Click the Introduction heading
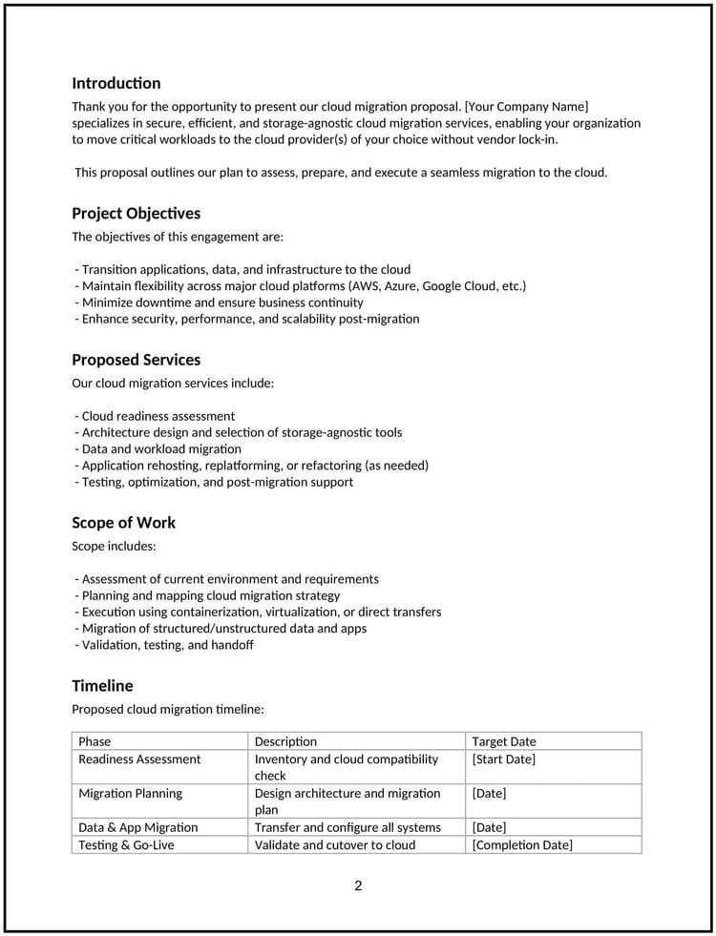point(116,83)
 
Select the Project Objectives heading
point(136,213)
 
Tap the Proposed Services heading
point(136,360)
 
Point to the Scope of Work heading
point(123,522)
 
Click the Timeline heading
point(102,685)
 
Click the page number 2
point(358,885)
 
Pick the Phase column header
point(95,741)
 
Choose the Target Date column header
point(504,741)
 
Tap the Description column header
point(285,741)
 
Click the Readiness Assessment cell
point(139,759)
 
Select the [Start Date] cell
point(503,759)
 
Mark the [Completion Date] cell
point(522,844)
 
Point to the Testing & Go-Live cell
point(126,844)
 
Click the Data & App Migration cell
point(138,827)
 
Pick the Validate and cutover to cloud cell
point(335,844)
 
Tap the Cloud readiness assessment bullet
point(158,416)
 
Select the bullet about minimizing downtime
point(221,302)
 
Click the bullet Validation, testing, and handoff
point(167,645)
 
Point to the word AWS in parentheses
point(367,286)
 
